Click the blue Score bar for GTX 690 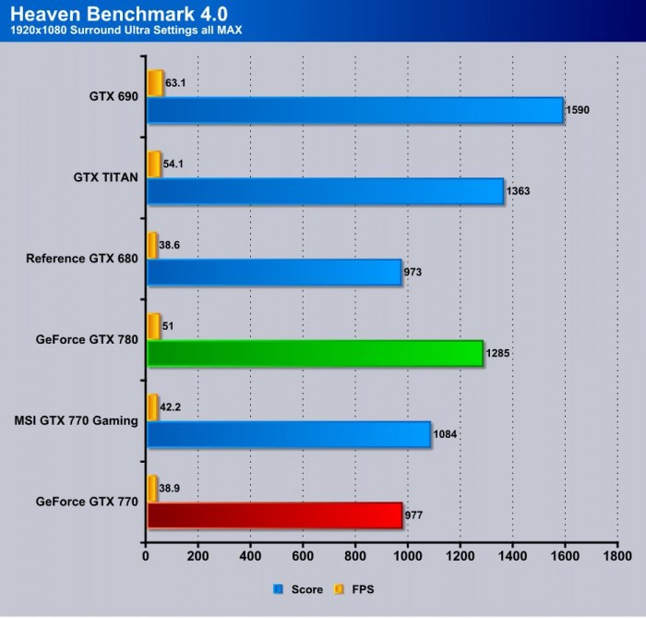(x=354, y=110)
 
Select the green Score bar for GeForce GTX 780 (x=315, y=353)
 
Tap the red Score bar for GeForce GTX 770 (x=274, y=515)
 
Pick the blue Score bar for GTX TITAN (x=325, y=191)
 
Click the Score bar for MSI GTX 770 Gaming (x=288, y=434)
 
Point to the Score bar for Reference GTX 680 (x=274, y=272)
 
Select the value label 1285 (x=499, y=354)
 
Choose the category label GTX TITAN (x=106, y=177)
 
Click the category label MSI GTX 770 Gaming (x=77, y=420)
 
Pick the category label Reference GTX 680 (x=82, y=259)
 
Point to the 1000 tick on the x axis (x=408, y=558)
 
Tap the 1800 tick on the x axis (x=617, y=558)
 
